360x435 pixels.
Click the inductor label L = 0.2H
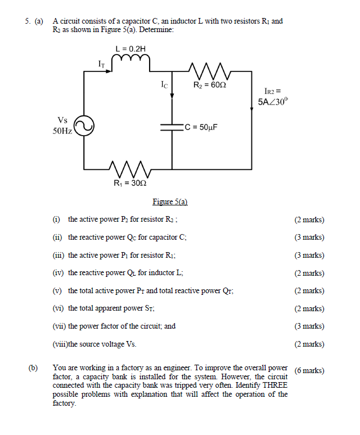(131, 49)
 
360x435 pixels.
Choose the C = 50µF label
(200, 127)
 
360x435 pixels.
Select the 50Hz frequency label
(62, 131)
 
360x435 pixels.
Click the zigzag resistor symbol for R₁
(130, 168)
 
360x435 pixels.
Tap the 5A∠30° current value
(272, 102)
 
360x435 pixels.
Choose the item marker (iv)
(57, 273)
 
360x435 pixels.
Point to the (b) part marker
(33, 368)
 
